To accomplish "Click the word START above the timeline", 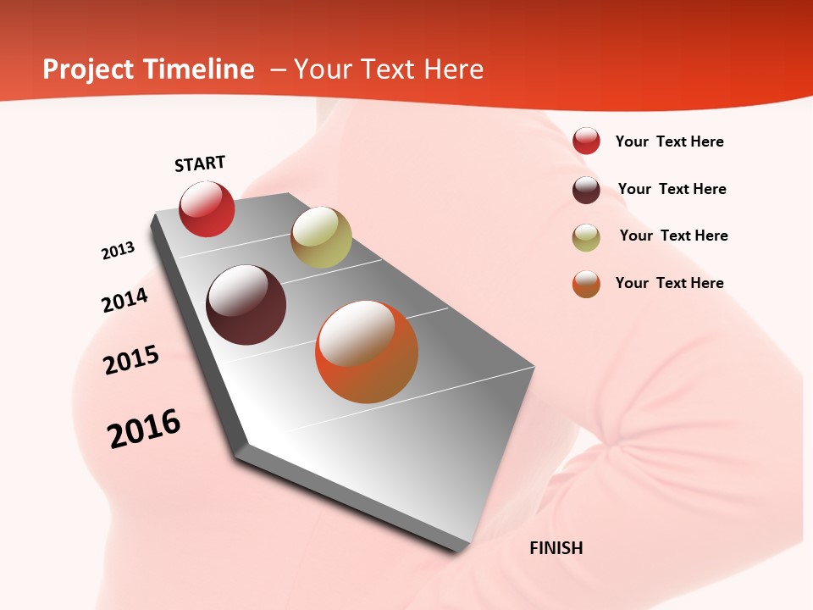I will point(200,164).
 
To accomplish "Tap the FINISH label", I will point(556,548).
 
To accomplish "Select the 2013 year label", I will point(119,251).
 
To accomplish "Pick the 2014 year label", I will point(125,300).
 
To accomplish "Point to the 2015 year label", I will point(131,360).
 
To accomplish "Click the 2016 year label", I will point(144,429).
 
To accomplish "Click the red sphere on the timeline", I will point(207,209).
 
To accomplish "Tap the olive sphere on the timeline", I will point(321,237).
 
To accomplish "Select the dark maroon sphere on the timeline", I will point(246,305).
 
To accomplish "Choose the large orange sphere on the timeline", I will point(367,352).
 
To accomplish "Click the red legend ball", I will point(586,141).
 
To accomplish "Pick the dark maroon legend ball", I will point(586,190).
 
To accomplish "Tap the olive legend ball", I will point(586,237).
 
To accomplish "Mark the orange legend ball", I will point(586,284).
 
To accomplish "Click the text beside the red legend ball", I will point(669,141).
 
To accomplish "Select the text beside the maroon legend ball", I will point(672,189).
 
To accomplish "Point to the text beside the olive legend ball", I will point(673,236).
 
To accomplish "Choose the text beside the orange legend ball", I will point(669,283).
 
